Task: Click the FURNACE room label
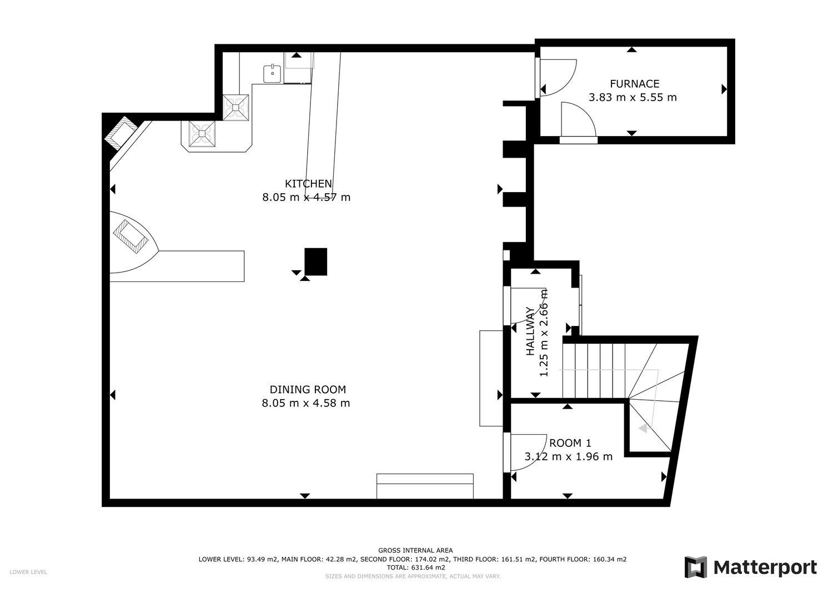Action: pyautogui.click(x=635, y=84)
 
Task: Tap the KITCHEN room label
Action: pyautogui.click(x=308, y=184)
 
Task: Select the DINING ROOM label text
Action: pyautogui.click(x=308, y=389)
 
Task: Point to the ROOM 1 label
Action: pyautogui.click(x=570, y=443)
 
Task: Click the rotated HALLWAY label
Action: pyautogui.click(x=530, y=331)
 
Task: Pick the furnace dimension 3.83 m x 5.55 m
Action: pyautogui.click(x=633, y=97)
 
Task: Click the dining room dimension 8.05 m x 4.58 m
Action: pyautogui.click(x=305, y=403)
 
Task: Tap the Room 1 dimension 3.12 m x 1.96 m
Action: pyautogui.click(x=568, y=456)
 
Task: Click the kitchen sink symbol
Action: pyautogui.click(x=273, y=73)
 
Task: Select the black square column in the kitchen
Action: pyautogui.click(x=316, y=262)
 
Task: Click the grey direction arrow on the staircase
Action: pyautogui.click(x=643, y=429)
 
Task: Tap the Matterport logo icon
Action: pyautogui.click(x=695, y=567)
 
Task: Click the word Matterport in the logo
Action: pyautogui.click(x=765, y=568)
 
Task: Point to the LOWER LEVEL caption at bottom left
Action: pyautogui.click(x=28, y=572)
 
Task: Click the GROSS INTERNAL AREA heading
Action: pyautogui.click(x=415, y=550)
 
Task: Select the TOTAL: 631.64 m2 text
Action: pyautogui.click(x=415, y=567)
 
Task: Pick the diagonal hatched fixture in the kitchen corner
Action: pyautogui.click(x=121, y=132)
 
